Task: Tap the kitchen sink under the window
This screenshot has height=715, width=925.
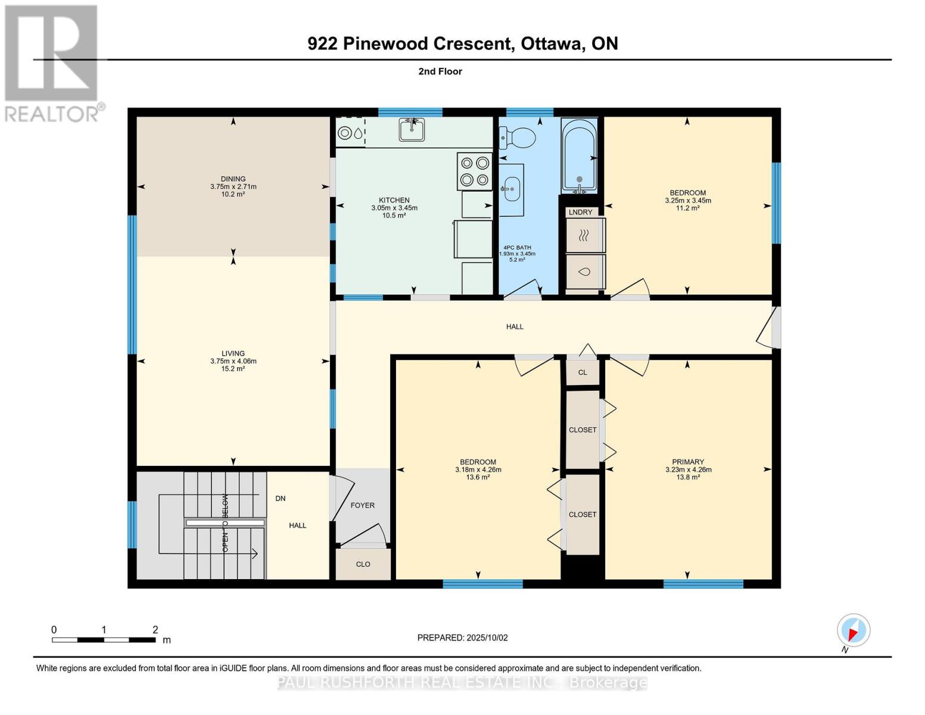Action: (412, 129)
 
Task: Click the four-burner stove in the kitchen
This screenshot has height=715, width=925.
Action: (474, 171)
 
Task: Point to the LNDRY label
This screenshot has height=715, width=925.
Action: (580, 212)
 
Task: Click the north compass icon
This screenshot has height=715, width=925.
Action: (854, 630)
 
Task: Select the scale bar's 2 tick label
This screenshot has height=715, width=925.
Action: (155, 630)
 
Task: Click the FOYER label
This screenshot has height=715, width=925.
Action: (362, 505)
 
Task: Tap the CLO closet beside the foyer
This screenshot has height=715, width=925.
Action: (363, 564)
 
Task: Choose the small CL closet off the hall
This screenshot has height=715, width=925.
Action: (583, 372)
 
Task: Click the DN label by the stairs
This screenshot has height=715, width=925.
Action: (280, 498)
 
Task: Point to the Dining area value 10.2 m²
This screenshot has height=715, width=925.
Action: (233, 194)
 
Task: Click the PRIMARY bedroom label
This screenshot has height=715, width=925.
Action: (688, 462)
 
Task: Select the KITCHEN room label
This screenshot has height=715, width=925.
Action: (394, 200)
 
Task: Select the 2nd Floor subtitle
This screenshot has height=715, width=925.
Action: (440, 71)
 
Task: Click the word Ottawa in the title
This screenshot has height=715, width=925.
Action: (552, 43)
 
